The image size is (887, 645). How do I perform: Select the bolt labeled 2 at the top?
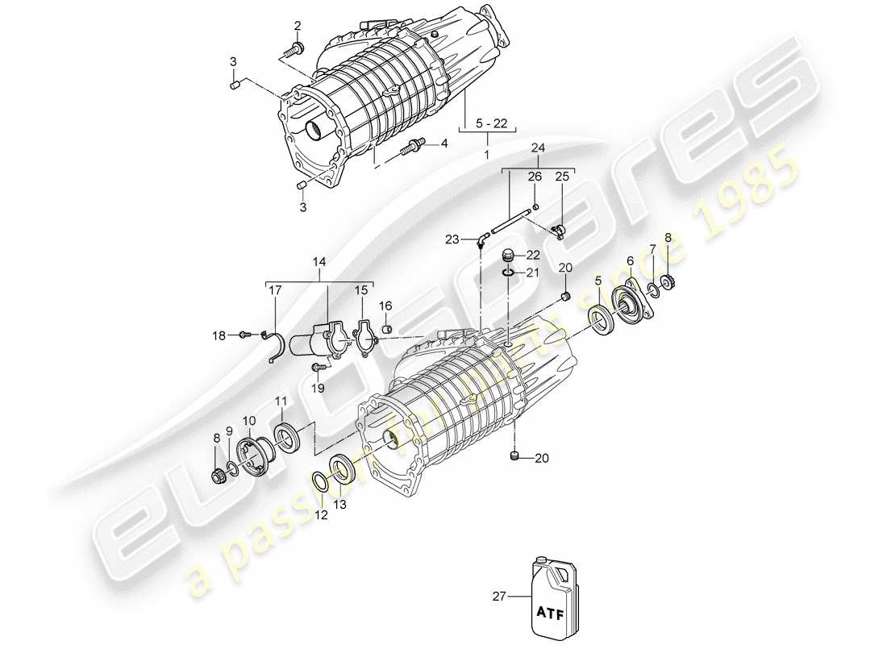click(x=292, y=50)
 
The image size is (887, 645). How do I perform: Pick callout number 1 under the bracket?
click(x=487, y=153)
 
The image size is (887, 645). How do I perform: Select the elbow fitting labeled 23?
click(x=481, y=239)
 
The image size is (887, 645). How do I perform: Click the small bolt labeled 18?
click(x=245, y=335)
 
